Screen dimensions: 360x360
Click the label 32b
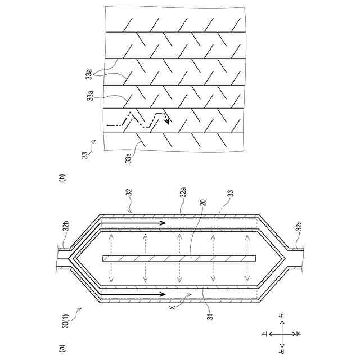[x=66, y=228]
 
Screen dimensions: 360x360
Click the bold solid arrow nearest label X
[x=135, y=294]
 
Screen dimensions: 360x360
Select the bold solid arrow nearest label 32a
[x=135, y=223]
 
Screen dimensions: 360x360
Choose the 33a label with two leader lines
[x=90, y=74]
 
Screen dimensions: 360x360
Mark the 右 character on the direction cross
[x=281, y=317]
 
